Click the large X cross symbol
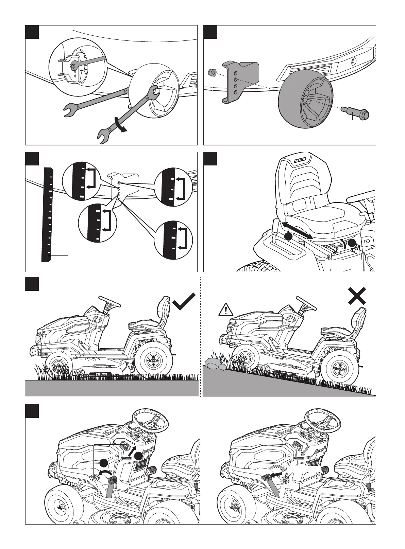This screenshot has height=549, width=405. [357, 296]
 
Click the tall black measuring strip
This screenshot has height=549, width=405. [47, 215]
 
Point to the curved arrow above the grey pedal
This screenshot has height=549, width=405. [104, 473]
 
